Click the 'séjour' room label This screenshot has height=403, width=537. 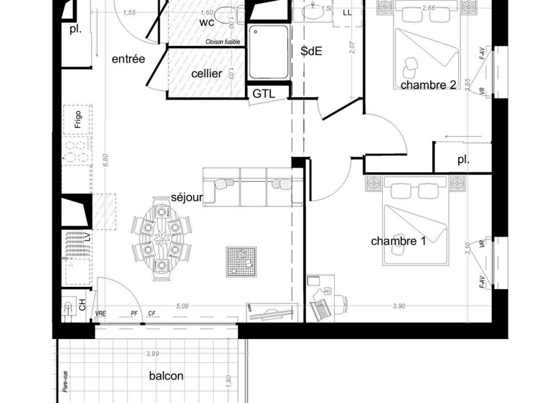[x=187, y=198]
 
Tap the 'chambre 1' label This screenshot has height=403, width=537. [x=398, y=241]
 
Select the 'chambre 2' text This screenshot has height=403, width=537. [x=428, y=85]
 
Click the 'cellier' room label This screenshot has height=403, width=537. [x=206, y=74]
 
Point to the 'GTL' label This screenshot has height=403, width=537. [x=263, y=94]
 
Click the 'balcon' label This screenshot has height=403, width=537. [x=166, y=376]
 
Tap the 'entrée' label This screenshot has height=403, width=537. [x=128, y=59]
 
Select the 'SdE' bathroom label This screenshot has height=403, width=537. [x=311, y=51]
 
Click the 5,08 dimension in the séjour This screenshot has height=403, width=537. [x=182, y=306]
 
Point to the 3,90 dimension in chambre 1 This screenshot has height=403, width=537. [x=399, y=306]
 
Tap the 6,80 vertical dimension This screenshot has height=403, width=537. [x=106, y=159]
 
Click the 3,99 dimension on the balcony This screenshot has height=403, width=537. [x=152, y=354]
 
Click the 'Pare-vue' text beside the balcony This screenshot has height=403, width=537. [x=65, y=381]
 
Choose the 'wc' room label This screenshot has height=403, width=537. [x=207, y=23]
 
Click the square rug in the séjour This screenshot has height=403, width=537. [x=242, y=262]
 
